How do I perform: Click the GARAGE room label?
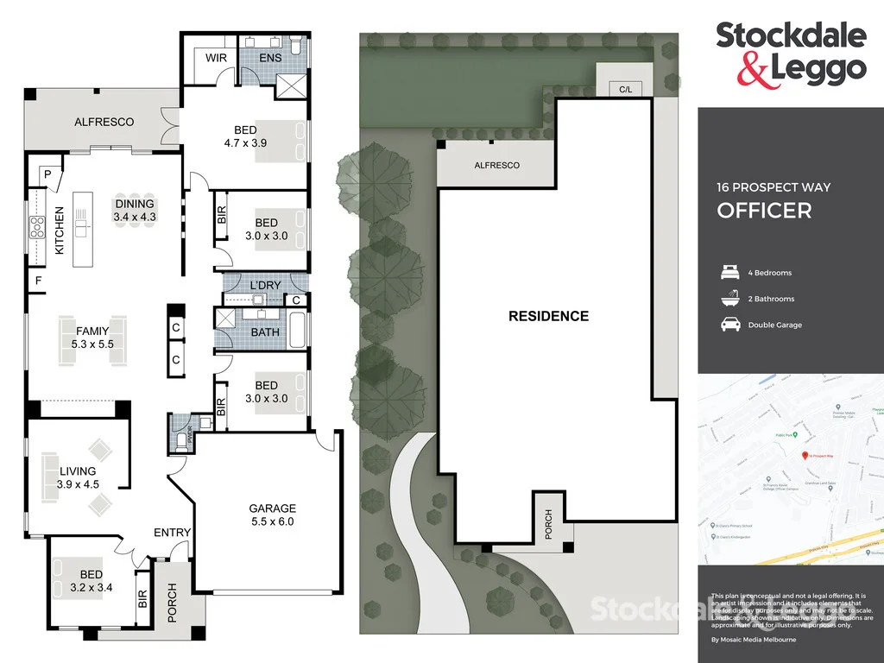(x=272, y=509)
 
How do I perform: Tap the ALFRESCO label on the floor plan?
(x=104, y=123)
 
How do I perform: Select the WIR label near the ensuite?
(x=215, y=58)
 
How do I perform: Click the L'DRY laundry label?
(x=266, y=286)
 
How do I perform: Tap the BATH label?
(x=264, y=331)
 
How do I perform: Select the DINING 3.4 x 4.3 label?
(x=136, y=211)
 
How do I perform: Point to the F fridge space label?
(x=38, y=281)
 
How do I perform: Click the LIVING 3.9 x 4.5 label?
(x=79, y=477)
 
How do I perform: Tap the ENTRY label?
(x=172, y=533)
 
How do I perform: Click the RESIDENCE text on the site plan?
(x=548, y=316)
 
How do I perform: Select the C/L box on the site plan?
(x=623, y=89)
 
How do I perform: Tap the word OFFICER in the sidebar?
(x=764, y=211)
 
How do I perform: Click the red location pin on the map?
(x=805, y=455)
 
